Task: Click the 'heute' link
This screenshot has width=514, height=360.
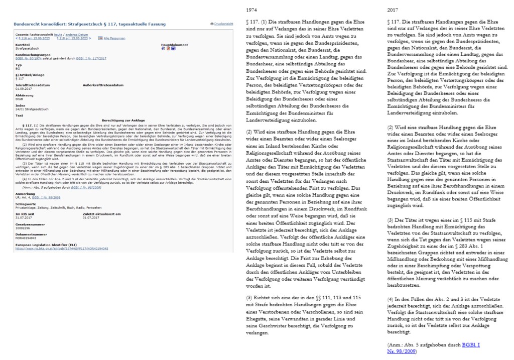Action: point(50,35)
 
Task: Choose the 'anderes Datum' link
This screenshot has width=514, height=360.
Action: point(69,35)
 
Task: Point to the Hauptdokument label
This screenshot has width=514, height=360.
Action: point(174,44)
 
